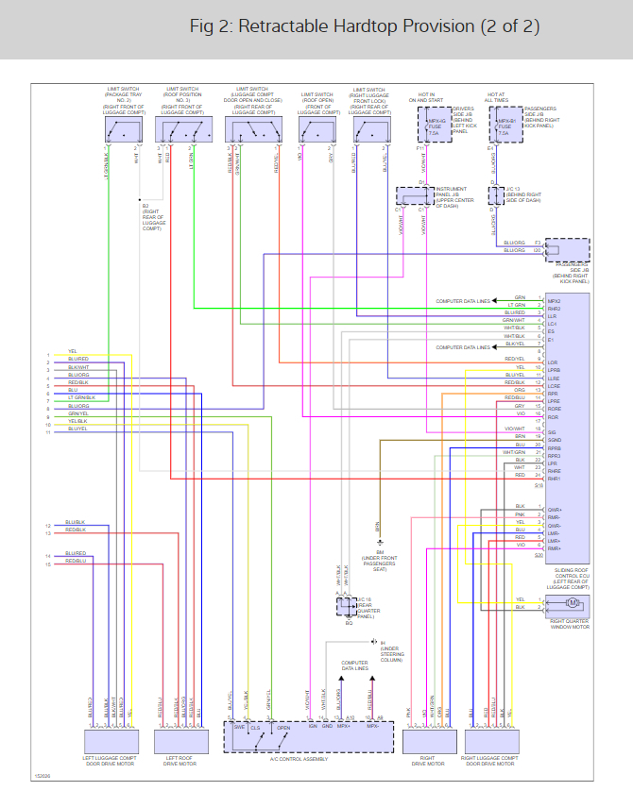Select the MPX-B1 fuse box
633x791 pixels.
[x=505, y=125]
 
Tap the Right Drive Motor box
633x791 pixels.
[x=427, y=739]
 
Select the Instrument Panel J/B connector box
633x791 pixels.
[x=413, y=195]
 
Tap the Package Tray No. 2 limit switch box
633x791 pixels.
[x=123, y=130]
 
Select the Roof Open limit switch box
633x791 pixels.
[x=316, y=130]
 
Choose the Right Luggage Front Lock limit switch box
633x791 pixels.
[x=370, y=130]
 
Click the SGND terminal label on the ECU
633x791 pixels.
[x=554, y=440]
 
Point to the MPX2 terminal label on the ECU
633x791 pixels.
[x=555, y=300]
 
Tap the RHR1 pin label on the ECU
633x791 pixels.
[x=555, y=479]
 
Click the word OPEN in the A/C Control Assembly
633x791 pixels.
[x=283, y=729]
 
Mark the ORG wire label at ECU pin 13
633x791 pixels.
[x=520, y=389]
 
